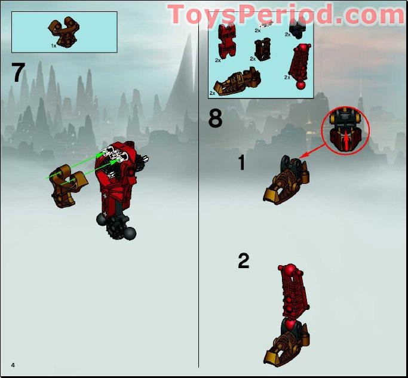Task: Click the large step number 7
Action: coord(18,72)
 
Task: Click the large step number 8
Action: coord(215,119)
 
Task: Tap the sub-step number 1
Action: coord(241,162)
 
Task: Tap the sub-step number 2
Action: coord(243,261)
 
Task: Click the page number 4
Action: coord(11,364)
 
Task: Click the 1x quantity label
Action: coord(54,45)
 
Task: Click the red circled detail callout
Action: coord(346,132)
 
